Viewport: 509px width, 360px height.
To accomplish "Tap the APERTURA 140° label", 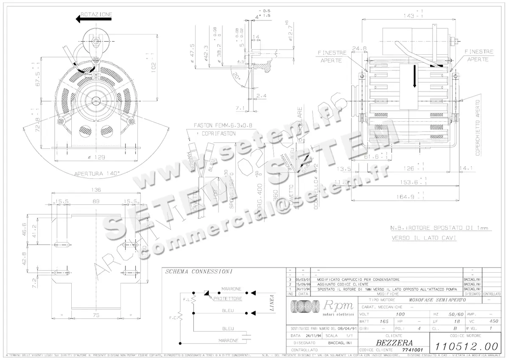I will click(97, 173).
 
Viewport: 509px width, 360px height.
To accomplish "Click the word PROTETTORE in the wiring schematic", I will click(228, 299).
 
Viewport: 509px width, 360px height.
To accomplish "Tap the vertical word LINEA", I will click(271, 303).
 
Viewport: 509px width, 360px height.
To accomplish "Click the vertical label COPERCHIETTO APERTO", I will click(478, 128).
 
